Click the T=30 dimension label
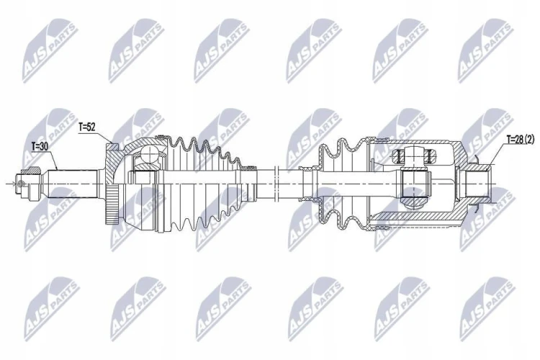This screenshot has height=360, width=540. click(40, 146)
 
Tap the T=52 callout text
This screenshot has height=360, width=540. click(87, 127)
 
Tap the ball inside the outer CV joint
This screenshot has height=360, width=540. click(149, 153)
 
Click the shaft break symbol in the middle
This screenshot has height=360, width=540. click(276, 184)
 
